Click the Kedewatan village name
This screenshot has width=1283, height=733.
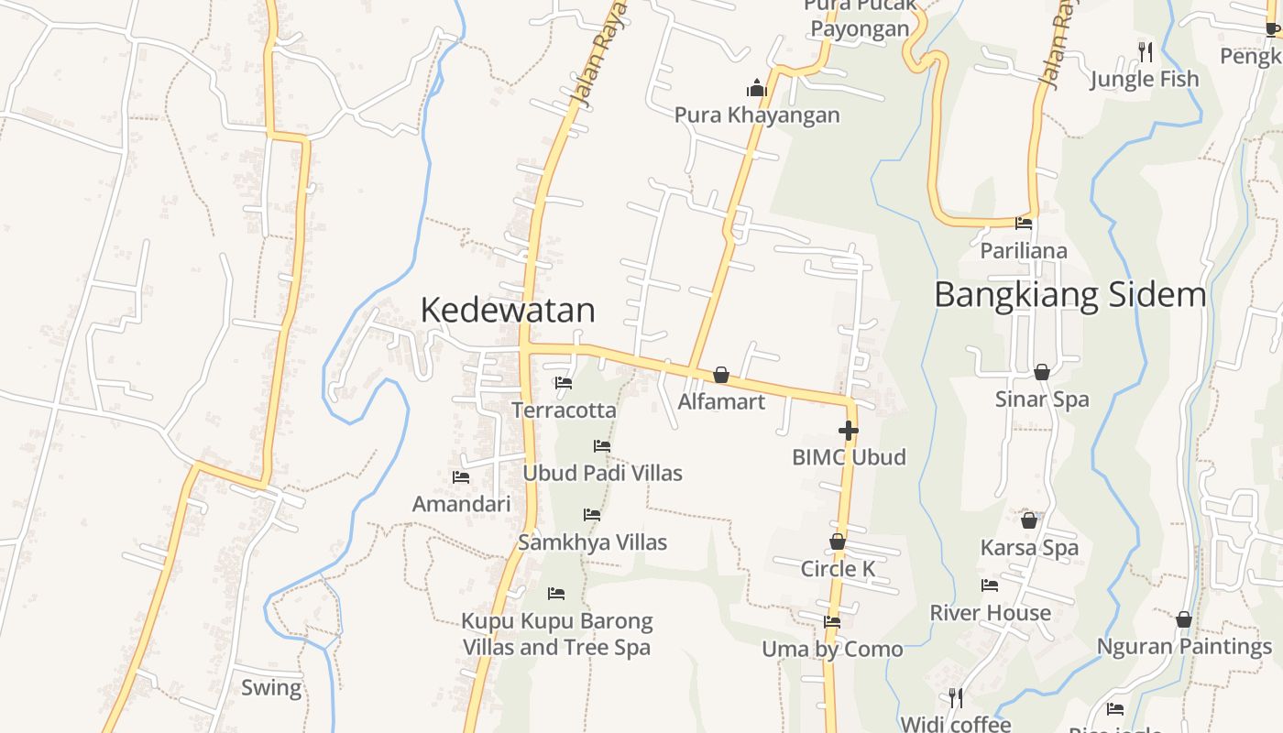coord(508,311)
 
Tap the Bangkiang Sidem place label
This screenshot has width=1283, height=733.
coord(1070,295)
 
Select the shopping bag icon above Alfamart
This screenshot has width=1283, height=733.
coord(721,375)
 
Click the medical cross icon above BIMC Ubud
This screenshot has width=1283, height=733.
coord(849,430)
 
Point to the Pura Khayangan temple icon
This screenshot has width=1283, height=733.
coord(757,88)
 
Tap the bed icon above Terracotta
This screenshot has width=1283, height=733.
coord(564,383)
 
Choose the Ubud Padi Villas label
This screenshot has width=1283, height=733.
coord(602,473)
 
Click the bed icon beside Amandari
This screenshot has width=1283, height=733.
coord(461,477)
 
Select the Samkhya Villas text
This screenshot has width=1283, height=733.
coord(592,542)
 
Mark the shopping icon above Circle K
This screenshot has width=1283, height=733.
coord(838,542)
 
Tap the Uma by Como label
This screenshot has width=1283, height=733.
coord(832,649)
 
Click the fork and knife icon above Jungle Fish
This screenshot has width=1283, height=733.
coord(1145,51)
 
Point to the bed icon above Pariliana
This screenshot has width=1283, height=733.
coord(1024,223)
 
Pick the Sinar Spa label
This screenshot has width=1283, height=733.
coord(1042,399)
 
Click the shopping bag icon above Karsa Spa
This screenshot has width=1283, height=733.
coord(1029,520)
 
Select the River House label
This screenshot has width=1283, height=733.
coord(990,612)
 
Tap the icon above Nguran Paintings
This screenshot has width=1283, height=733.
coord(1184,619)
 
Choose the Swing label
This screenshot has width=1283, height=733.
coord(271,687)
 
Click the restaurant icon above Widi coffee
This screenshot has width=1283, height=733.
coord(956,698)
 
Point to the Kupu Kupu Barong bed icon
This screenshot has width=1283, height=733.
coord(556,594)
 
